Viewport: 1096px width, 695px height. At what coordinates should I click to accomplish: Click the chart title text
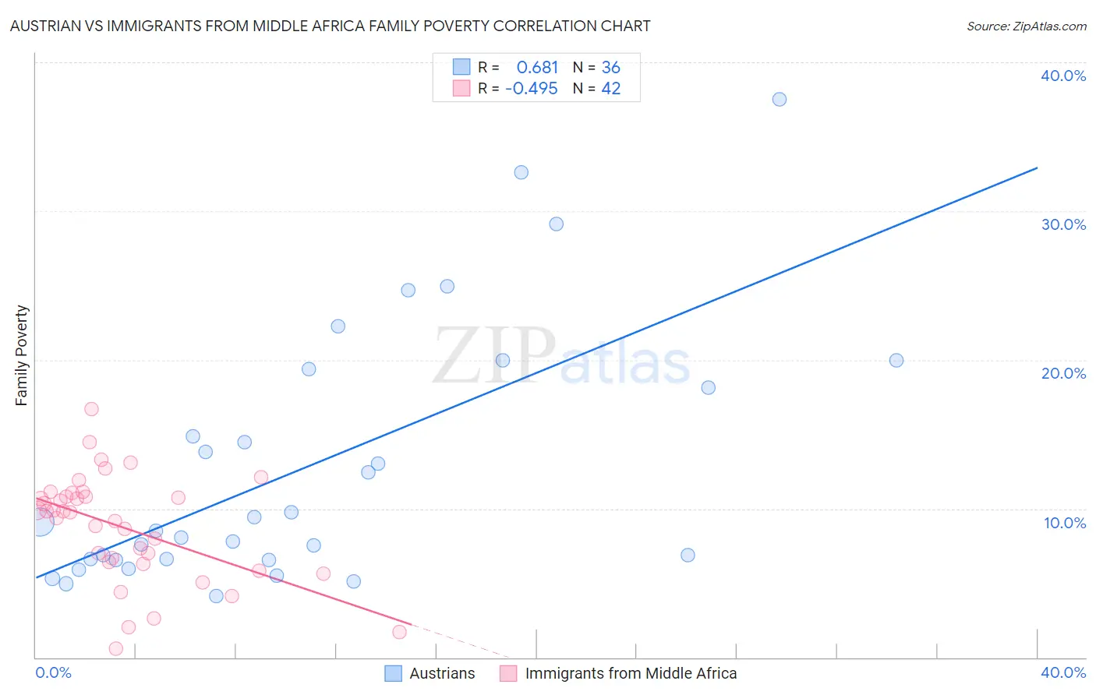(330, 26)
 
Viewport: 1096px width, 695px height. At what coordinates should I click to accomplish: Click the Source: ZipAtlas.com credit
(1026, 26)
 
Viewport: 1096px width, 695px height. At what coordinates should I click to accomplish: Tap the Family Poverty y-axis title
(22, 355)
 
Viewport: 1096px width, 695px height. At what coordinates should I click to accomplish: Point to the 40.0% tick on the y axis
(1063, 76)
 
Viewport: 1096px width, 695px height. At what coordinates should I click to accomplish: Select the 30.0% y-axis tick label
(1063, 224)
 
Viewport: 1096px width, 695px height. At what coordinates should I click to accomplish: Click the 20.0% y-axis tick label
(1063, 373)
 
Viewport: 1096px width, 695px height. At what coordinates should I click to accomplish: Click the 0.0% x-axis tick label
(53, 672)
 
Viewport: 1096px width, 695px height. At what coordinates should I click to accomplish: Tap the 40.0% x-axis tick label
(1063, 672)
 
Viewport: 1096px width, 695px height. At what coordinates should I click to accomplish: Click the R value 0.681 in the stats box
(537, 68)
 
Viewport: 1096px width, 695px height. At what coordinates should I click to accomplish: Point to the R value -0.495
(532, 89)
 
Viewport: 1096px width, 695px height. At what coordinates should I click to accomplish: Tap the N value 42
(611, 89)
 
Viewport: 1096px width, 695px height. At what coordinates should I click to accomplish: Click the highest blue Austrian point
(780, 99)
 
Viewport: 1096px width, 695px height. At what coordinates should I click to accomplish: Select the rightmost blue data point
(896, 360)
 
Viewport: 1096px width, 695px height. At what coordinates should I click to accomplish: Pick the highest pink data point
(91, 409)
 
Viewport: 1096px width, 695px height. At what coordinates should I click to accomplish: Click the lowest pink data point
(116, 648)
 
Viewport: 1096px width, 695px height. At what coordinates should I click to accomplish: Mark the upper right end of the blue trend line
(1037, 168)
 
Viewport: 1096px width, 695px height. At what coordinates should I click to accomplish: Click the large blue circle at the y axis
(41, 523)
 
